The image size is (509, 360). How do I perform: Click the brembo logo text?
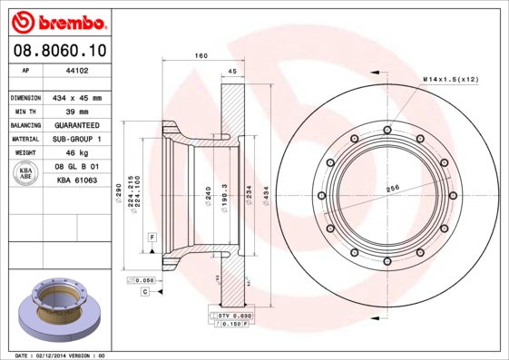click(57, 20)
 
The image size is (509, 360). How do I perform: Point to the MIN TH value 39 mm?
click(76, 111)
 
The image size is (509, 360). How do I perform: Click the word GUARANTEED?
click(76, 125)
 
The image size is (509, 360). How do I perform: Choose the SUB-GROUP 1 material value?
click(76, 140)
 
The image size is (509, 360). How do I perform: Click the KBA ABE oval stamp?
click(27, 174)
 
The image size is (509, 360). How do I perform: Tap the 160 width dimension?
click(201, 56)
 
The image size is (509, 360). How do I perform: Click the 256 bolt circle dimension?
click(393, 189)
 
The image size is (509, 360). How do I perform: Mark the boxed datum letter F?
click(152, 236)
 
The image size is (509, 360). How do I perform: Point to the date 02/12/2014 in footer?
click(58, 355)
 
